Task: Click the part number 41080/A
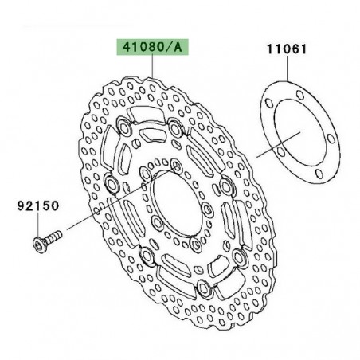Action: (x=151, y=48)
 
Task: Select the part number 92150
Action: (x=38, y=205)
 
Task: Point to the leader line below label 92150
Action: (x=38, y=222)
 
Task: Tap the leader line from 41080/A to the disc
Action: (x=151, y=67)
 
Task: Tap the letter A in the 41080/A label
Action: (x=178, y=48)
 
